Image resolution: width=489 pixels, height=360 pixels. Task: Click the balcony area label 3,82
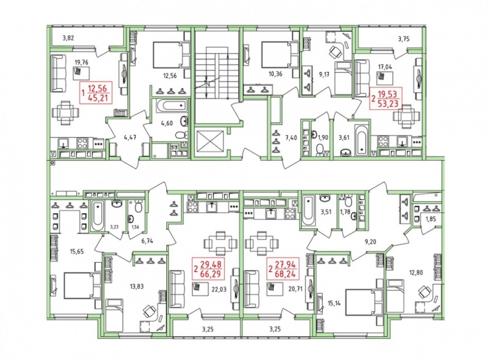pos(68,38)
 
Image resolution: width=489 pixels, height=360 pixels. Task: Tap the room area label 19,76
pos(82,62)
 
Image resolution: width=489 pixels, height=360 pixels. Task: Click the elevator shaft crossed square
pos(210,143)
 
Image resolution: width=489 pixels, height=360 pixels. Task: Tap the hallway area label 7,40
pos(291,137)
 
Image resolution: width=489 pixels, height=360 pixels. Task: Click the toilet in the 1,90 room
pos(319,150)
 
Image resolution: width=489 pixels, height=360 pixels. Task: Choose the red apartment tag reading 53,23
pos(388,103)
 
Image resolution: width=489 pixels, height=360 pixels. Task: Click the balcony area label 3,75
pos(404,39)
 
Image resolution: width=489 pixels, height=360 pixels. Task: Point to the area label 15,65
pos(76,251)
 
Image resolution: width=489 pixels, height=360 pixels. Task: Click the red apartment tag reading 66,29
pos(210,274)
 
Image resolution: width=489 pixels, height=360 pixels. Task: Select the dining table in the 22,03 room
pos(221,243)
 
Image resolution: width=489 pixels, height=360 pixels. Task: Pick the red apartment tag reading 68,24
pos(284,274)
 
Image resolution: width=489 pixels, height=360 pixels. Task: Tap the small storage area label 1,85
pos(431,219)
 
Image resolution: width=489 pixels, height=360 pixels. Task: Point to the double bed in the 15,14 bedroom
pos(364,302)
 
